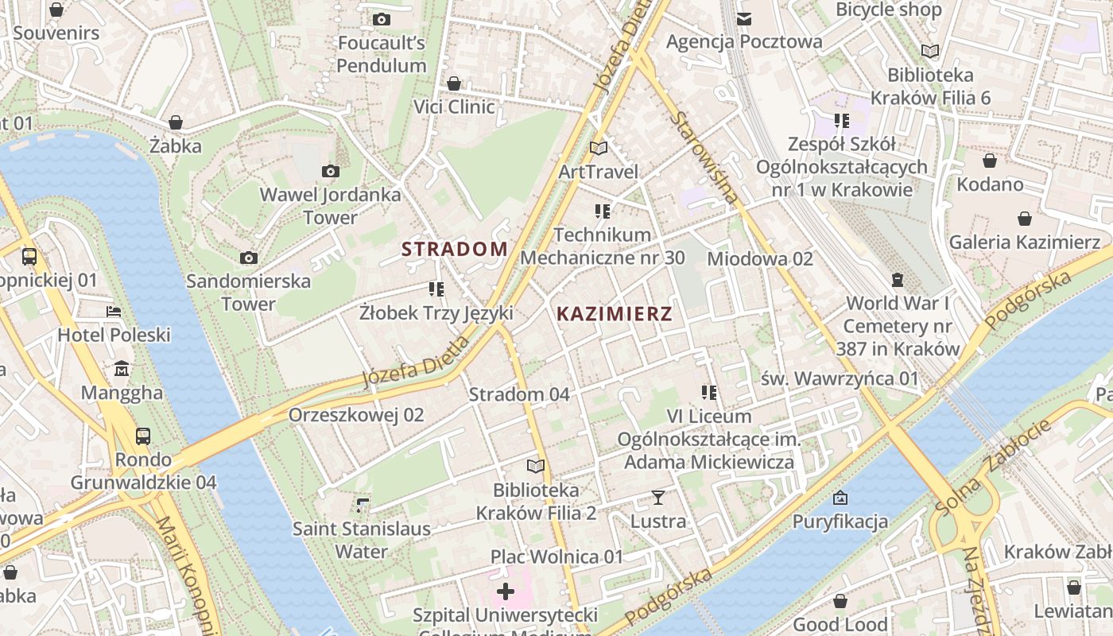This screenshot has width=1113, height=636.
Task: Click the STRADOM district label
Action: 454,249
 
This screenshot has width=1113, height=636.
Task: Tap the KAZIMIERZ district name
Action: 615,313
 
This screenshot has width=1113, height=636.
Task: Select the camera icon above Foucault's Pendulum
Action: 382,19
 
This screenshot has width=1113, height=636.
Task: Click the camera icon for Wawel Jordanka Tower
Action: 331,171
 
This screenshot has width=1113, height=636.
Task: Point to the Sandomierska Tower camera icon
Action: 249,258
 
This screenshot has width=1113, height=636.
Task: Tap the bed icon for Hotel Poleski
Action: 114,312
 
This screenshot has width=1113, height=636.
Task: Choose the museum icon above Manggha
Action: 122,369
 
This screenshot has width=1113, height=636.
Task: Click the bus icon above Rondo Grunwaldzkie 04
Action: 143,436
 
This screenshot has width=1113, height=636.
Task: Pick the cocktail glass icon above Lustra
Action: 657,498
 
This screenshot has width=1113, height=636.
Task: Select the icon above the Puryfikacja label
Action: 840,498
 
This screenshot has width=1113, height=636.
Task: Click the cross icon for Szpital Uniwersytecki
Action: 505,591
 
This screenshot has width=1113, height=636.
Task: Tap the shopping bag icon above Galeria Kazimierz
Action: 1025,219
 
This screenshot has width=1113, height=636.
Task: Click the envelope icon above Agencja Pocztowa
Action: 743,18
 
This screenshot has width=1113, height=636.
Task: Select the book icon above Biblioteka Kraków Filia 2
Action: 536,466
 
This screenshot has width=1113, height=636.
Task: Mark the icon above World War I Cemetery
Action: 898,280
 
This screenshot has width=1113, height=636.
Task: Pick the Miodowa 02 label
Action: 760,258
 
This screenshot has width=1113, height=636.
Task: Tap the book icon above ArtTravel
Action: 599,148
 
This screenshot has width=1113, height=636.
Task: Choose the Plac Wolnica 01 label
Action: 556,556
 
